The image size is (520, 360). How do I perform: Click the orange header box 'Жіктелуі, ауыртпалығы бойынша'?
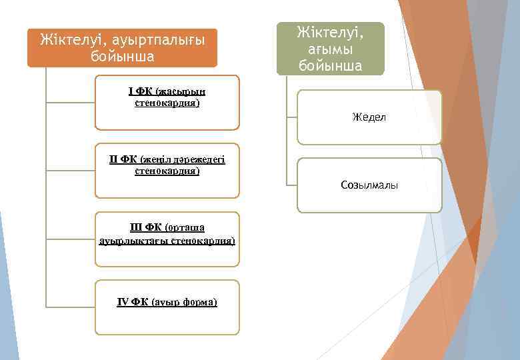[122, 47]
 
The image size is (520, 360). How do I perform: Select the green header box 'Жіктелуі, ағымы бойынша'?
[331, 48]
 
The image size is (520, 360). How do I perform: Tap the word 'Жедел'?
[369, 118]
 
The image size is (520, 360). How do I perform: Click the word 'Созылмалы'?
[369, 185]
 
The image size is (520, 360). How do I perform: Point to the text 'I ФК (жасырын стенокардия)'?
[167, 97]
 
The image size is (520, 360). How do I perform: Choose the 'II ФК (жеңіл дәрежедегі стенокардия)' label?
[167, 165]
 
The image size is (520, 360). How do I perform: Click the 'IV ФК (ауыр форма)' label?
[167, 302]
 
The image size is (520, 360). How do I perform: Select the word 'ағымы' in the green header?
[331, 49]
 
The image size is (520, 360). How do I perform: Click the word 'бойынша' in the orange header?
[122, 56]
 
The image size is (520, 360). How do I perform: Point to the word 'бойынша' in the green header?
[331, 65]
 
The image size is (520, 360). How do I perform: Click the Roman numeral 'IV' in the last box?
[123, 302]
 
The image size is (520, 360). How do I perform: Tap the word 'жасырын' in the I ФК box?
[181, 92]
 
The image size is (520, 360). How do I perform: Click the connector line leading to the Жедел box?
[291, 118]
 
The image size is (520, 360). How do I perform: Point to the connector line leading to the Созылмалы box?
[291, 185]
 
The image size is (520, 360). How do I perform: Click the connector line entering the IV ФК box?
[70, 307]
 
